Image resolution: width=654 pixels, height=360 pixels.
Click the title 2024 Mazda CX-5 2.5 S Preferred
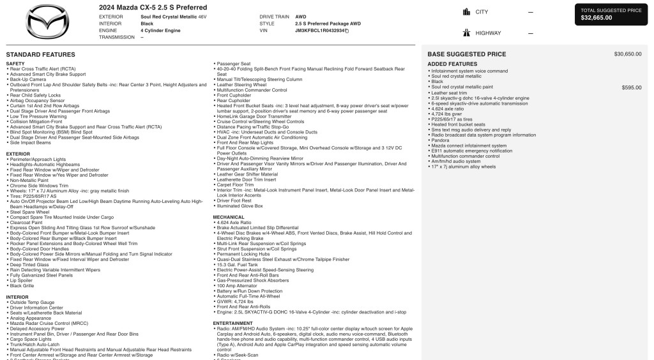coord(153,8)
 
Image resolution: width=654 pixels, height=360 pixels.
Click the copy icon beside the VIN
coord(347,30)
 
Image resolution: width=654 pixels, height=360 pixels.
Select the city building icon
coord(465,12)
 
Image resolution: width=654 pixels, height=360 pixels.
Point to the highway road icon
coord(465,33)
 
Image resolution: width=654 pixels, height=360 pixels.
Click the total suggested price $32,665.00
coord(596,18)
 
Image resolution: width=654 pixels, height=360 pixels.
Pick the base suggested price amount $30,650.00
coord(628,54)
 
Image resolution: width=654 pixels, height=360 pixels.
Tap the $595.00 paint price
coord(632,87)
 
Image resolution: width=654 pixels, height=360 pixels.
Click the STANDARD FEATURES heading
coord(40,55)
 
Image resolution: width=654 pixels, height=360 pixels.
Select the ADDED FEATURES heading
coord(452,64)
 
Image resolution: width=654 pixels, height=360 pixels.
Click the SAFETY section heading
coord(15,64)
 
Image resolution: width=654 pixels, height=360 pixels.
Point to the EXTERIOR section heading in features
coord(18,154)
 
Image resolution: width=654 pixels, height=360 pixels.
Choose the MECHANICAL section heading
coord(229,217)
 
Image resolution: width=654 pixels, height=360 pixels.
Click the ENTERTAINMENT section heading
coord(233,323)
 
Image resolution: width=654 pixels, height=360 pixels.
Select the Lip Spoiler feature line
coord(22,280)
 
